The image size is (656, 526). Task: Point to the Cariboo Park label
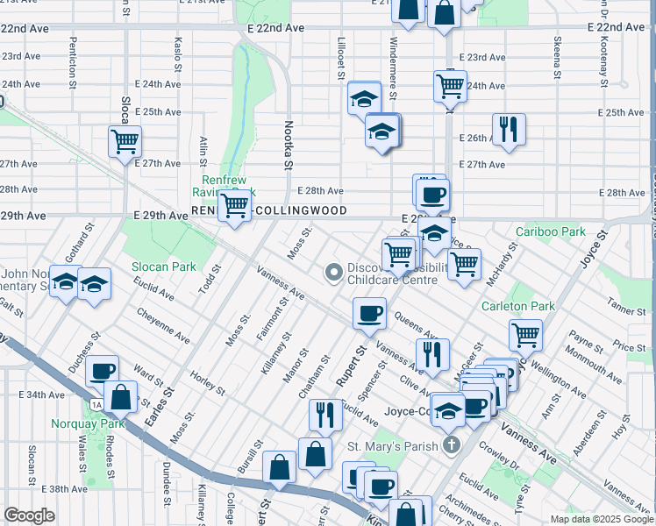pos(550,231)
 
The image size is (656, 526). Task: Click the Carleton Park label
pos(517,306)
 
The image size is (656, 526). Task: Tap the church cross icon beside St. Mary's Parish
pos(452,445)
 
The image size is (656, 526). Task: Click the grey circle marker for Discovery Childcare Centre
pos(333,273)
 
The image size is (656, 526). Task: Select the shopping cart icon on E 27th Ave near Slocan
pos(125,140)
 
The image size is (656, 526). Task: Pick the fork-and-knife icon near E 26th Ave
pos(509,129)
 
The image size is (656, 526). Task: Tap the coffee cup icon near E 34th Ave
pos(103,372)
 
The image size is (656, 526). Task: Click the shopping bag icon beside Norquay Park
pos(121,396)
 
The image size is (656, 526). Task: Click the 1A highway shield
pos(96,404)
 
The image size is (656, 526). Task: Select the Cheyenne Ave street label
pos(165,325)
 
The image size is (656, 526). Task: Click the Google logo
pos(30,515)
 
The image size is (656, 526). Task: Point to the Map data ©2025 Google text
pos(601,519)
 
